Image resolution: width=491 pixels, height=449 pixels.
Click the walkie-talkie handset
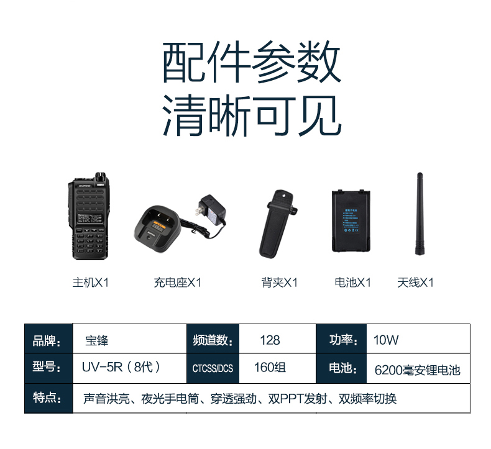coord(89,216)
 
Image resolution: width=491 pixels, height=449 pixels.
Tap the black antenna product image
coord(420,214)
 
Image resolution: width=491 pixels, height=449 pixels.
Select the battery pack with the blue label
coord(351,221)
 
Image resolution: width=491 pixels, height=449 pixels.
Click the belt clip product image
coord(278,224)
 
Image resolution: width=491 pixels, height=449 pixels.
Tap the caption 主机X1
coord(91,283)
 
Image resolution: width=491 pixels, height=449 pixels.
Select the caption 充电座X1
coord(177,283)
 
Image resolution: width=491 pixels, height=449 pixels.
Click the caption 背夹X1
coord(279,283)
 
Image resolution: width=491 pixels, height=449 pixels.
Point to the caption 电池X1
coord(352,283)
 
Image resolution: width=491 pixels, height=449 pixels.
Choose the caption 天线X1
coord(416,283)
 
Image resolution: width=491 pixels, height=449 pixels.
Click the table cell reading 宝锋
coord(97,340)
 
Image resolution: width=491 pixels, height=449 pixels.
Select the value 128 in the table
coord(270,340)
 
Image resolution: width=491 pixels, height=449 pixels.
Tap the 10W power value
coord(386,340)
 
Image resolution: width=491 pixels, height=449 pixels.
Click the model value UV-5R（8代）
coord(121,367)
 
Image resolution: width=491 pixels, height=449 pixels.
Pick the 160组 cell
coord(270,367)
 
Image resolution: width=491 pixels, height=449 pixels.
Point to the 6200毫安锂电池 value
coord(418,370)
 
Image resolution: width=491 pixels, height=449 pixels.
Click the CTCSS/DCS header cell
coord(213,369)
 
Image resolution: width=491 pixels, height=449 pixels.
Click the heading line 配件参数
coord(252,62)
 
